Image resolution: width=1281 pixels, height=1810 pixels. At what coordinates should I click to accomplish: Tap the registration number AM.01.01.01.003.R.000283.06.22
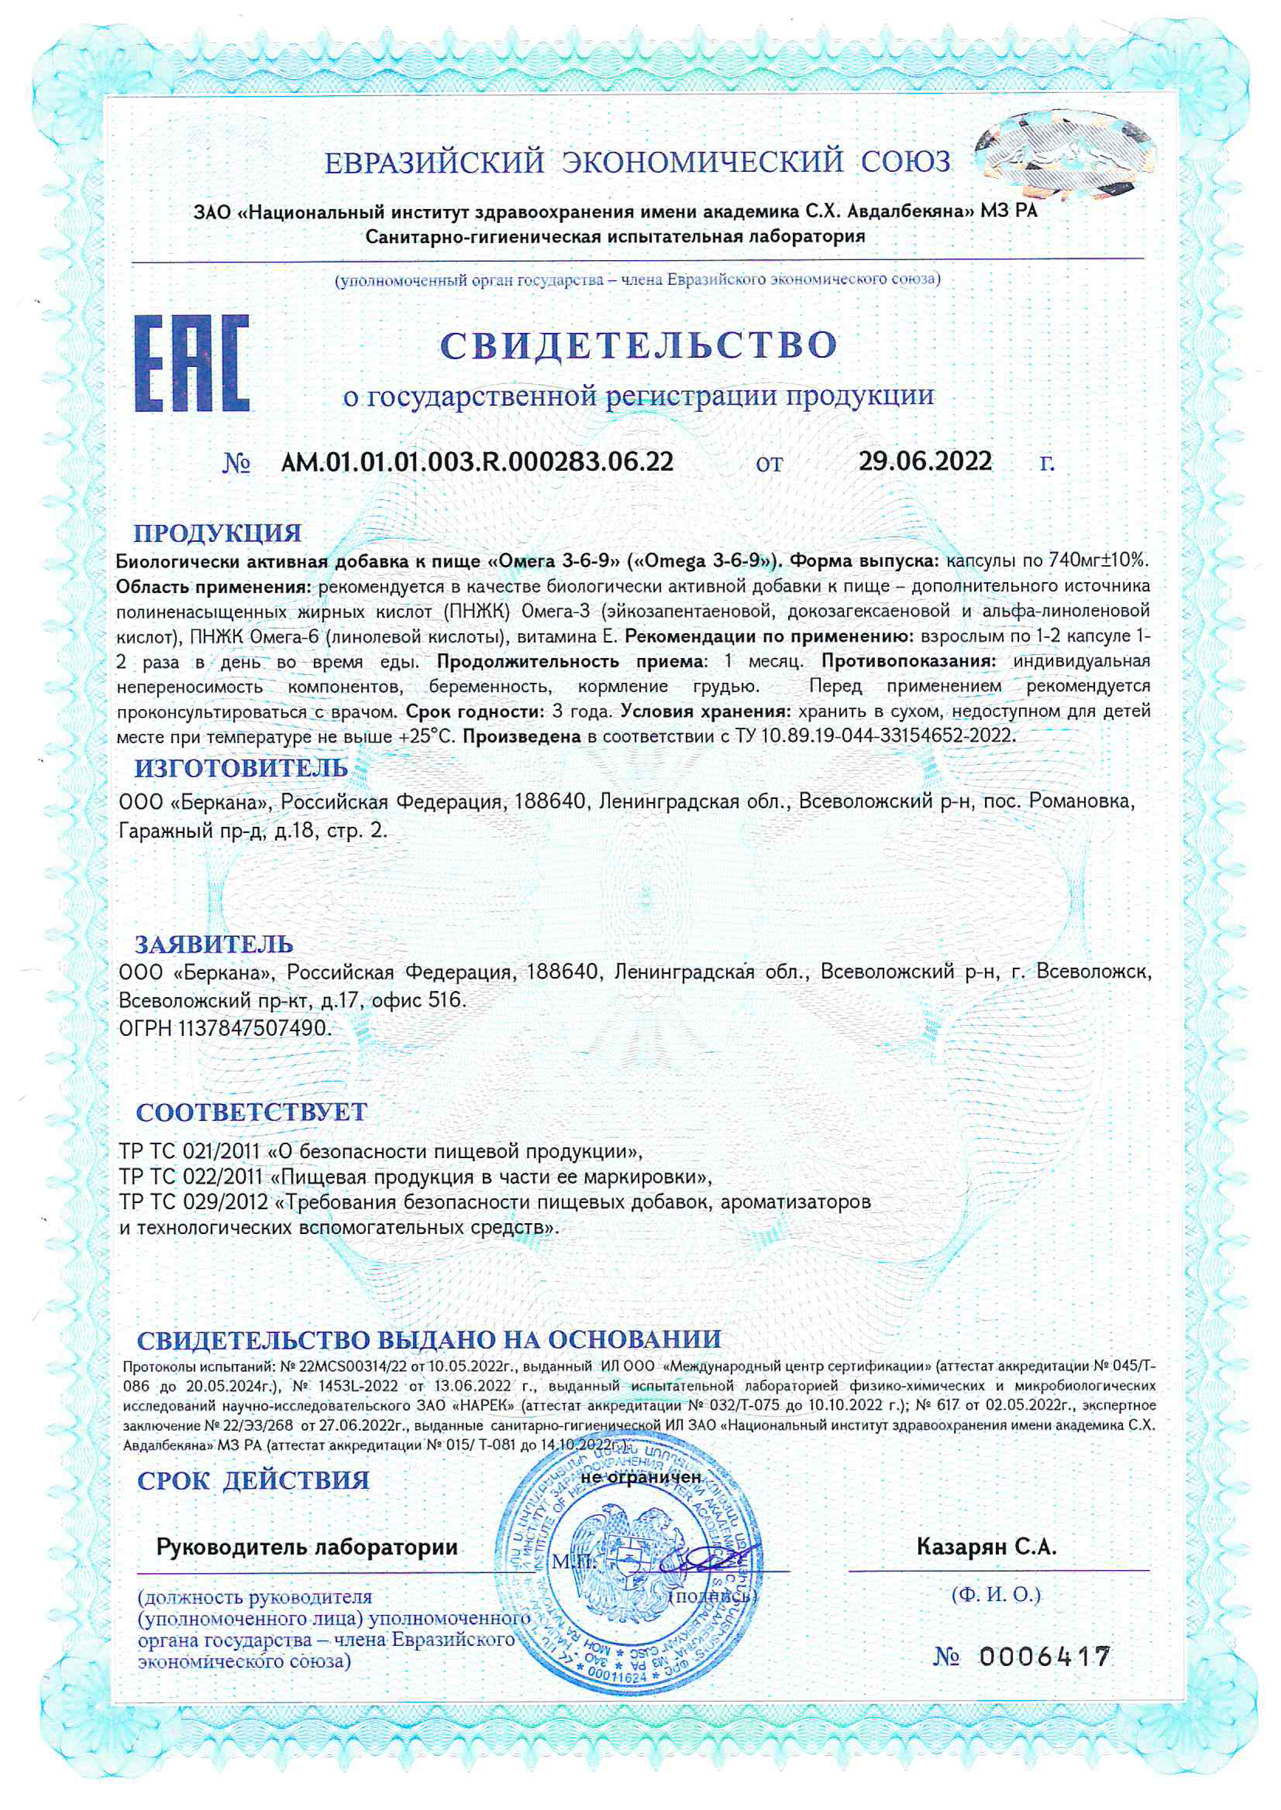click(x=477, y=461)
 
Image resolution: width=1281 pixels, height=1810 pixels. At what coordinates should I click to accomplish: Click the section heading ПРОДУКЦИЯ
click(x=217, y=533)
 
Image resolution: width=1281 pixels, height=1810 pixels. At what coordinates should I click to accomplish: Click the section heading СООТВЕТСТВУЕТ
click(x=252, y=1112)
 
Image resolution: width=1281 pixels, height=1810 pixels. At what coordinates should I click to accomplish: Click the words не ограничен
click(x=640, y=1477)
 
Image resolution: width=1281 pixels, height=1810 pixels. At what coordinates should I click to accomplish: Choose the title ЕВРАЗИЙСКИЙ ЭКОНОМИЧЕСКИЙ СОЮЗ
click(x=637, y=163)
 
